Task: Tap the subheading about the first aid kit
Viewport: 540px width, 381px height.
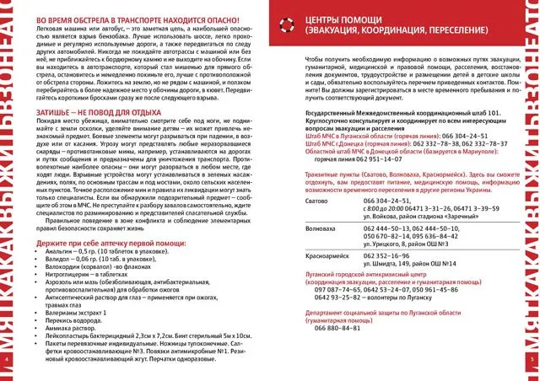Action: [105, 241]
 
